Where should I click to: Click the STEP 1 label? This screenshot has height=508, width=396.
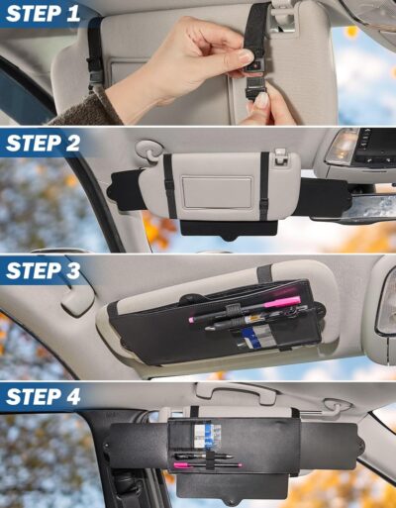(x=46, y=15)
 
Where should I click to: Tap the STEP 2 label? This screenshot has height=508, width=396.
(x=46, y=142)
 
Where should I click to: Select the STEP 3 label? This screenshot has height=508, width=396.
(x=46, y=270)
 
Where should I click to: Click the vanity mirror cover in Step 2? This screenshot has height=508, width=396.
(x=217, y=192)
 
